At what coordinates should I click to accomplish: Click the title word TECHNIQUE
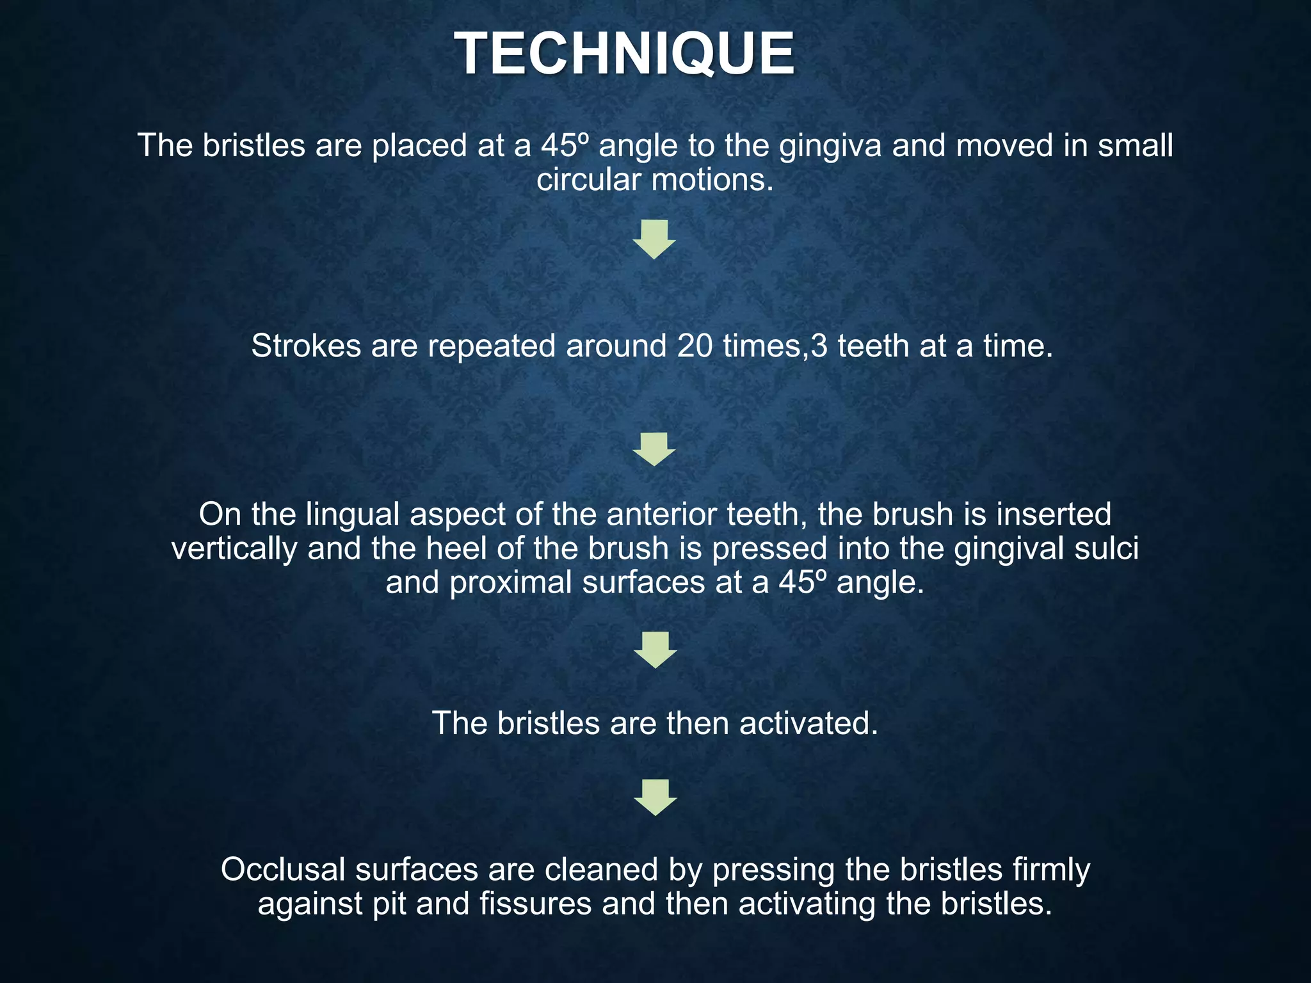click(625, 55)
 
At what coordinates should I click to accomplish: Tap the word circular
click(588, 180)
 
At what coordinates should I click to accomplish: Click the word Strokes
click(306, 346)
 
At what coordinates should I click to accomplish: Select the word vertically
click(234, 548)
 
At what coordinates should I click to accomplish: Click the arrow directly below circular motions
click(654, 239)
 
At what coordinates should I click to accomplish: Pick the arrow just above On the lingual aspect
click(654, 449)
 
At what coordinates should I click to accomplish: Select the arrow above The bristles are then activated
click(655, 650)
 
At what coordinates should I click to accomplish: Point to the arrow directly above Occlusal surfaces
click(655, 797)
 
